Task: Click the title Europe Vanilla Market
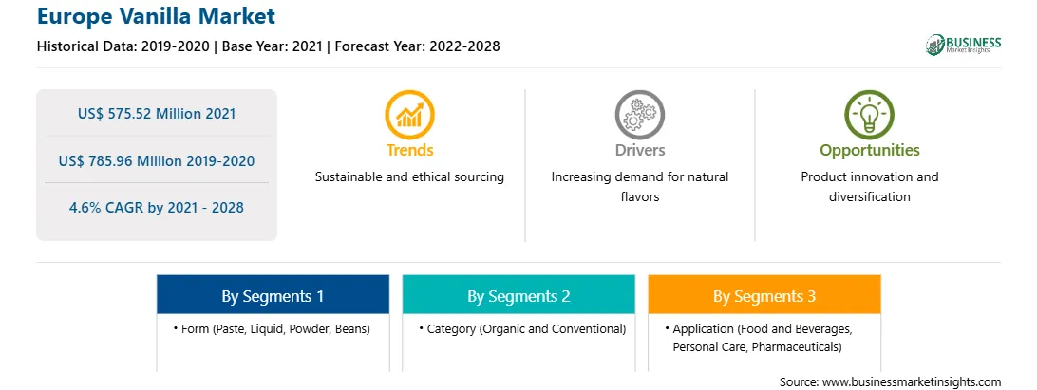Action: point(156,16)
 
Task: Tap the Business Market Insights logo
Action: point(964,45)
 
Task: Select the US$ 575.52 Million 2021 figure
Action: point(156,114)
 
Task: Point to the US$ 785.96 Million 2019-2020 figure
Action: point(156,160)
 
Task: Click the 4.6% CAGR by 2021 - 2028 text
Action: point(156,208)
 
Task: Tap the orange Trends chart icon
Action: point(409,115)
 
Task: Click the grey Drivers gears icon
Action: point(639,115)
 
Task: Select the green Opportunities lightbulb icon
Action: point(869,115)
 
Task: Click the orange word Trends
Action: point(410,150)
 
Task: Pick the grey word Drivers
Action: point(639,150)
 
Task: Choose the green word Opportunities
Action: point(870,151)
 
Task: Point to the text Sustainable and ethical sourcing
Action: point(409,177)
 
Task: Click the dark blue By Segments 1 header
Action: point(273,294)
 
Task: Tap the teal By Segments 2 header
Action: point(518,294)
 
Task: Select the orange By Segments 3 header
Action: point(764,294)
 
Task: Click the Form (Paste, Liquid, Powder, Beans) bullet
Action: point(272,328)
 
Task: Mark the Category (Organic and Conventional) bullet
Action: point(522,328)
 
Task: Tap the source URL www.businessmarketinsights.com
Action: point(912,381)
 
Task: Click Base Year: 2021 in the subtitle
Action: point(273,46)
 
